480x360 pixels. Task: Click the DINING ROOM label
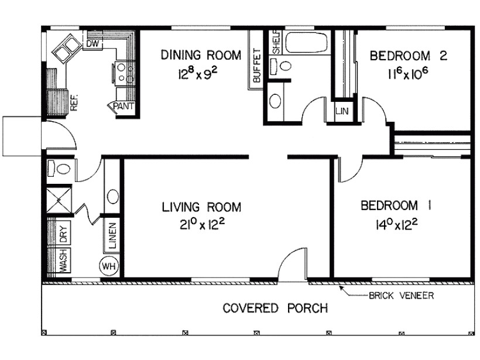click(201, 56)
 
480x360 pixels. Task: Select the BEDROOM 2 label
click(409, 56)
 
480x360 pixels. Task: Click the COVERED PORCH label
click(275, 308)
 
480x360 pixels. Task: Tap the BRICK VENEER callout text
click(401, 296)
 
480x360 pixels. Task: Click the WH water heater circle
click(109, 266)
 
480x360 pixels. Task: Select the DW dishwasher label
click(92, 43)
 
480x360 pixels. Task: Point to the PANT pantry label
click(124, 107)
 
